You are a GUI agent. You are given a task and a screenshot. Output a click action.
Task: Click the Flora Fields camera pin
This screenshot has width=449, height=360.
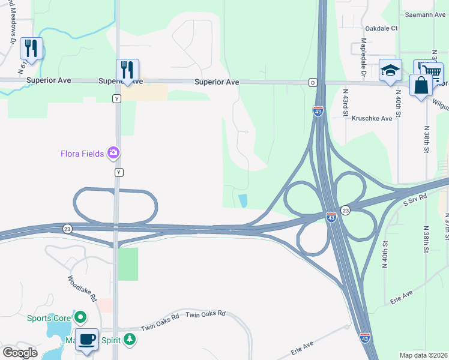[x=113, y=154]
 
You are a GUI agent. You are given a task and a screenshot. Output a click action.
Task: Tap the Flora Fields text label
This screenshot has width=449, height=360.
[x=82, y=154]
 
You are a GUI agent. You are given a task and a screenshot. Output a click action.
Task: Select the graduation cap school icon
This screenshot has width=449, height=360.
[x=390, y=71]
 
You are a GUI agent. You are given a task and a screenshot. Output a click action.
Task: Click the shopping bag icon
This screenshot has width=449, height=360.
[x=421, y=86]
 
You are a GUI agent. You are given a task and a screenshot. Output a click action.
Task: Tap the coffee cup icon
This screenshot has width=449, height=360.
[x=86, y=340]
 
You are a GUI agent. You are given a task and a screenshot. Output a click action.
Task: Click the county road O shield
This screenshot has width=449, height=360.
[x=313, y=82]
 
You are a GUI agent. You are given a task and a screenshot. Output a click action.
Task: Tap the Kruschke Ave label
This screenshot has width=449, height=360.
[x=372, y=118]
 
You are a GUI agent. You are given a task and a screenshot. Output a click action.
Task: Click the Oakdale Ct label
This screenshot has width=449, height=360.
[x=381, y=28]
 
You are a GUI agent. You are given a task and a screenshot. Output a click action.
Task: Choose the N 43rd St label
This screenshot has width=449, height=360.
[x=346, y=102]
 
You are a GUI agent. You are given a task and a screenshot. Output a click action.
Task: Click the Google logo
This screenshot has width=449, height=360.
[x=19, y=352]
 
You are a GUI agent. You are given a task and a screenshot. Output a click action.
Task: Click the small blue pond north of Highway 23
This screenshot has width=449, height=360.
[x=243, y=201]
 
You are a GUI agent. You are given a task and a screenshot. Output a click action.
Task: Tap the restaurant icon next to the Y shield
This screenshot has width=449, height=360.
[x=127, y=70]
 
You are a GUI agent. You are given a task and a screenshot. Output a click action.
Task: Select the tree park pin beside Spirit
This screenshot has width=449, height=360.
[x=129, y=340]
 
